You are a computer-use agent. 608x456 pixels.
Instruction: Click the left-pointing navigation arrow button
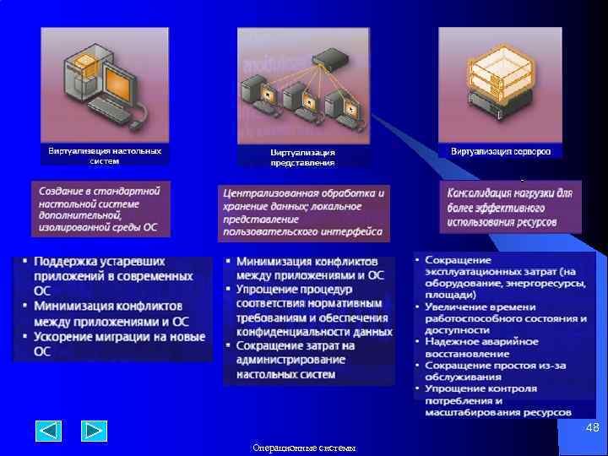pos(49,431)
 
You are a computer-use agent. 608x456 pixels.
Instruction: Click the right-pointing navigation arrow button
pos(94,431)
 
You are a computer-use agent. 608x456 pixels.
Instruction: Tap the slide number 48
pos(592,428)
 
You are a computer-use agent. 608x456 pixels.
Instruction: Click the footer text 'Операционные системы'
pos(304,448)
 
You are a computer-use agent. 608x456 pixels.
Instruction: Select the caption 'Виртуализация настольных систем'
pos(105,155)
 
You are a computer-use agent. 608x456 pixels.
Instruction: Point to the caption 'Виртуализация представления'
pos(302,157)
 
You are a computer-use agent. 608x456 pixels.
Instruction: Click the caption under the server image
pos(501,151)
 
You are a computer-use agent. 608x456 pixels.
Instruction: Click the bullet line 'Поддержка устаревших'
pos(100,262)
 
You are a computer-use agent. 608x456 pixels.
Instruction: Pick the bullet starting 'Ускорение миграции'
pos(118,336)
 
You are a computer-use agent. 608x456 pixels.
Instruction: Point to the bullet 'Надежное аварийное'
pos(481,341)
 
